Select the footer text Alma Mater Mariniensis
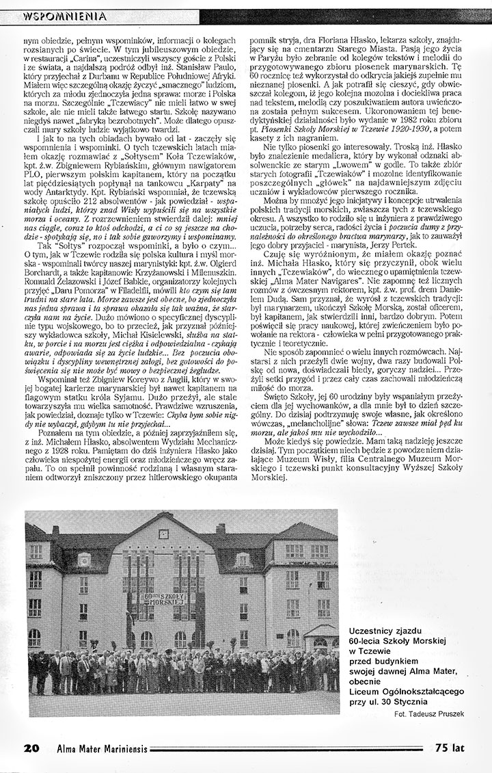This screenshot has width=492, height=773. (102, 748)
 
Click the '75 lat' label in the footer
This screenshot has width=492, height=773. (448, 748)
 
